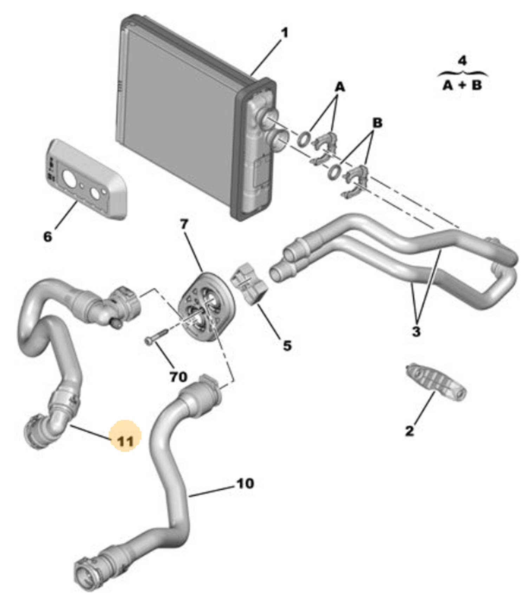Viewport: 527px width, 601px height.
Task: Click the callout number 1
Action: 285,33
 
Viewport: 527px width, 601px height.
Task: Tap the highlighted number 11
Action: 125,440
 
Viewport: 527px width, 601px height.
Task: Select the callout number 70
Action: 178,377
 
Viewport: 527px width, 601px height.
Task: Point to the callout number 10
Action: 245,483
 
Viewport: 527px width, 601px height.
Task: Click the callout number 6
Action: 47,236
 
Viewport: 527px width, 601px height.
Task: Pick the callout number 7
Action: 184,224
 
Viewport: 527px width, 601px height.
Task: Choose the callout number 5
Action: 287,345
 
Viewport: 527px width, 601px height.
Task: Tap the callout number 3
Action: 416,331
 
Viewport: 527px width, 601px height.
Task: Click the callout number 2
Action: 409,431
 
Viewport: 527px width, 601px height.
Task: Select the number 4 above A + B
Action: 462,60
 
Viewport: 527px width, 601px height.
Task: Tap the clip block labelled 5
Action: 250,285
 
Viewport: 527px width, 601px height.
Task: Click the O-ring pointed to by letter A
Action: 304,139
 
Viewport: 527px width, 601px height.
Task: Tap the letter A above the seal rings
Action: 340,87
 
